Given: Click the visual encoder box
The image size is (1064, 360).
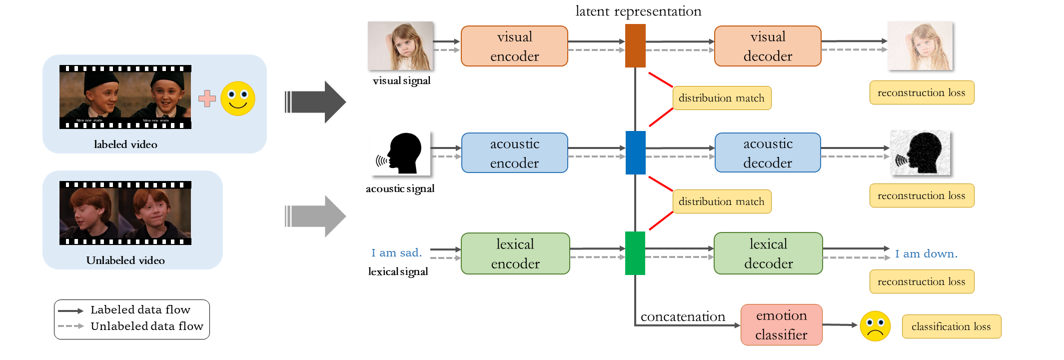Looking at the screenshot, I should tap(514, 46).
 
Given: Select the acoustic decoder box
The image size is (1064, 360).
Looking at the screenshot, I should tap(768, 152).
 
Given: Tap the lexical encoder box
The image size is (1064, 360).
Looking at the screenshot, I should tap(515, 253).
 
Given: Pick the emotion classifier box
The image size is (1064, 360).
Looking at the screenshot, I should tap(781, 324).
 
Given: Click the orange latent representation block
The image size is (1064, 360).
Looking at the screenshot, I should tap(635, 45).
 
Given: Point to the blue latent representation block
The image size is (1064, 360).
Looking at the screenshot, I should tap(635, 152).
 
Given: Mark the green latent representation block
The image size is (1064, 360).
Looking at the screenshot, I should tap(635, 253).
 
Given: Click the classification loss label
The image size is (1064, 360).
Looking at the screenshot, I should tap(951, 326).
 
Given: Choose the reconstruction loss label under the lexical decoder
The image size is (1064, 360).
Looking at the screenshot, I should tap(922, 281).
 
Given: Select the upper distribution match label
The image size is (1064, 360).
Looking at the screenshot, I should tap(722, 98).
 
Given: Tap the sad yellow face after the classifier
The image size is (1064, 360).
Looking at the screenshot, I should tap(875, 326).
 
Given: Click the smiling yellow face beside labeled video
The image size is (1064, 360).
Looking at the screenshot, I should tap(238, 98).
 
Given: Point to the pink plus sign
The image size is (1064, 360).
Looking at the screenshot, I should tap(207, 98).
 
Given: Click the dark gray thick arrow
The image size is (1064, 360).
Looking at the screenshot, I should tap(316, 102).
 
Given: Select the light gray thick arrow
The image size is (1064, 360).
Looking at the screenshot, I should tap(316, 216).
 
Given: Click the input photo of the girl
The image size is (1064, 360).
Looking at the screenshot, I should tap(400, 45).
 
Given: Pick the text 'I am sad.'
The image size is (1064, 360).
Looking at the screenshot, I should tap(396, 253).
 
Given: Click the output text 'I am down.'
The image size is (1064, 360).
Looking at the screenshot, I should tap(926, 254).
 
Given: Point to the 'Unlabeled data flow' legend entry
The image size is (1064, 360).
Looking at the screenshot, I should tap(146, 326).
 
